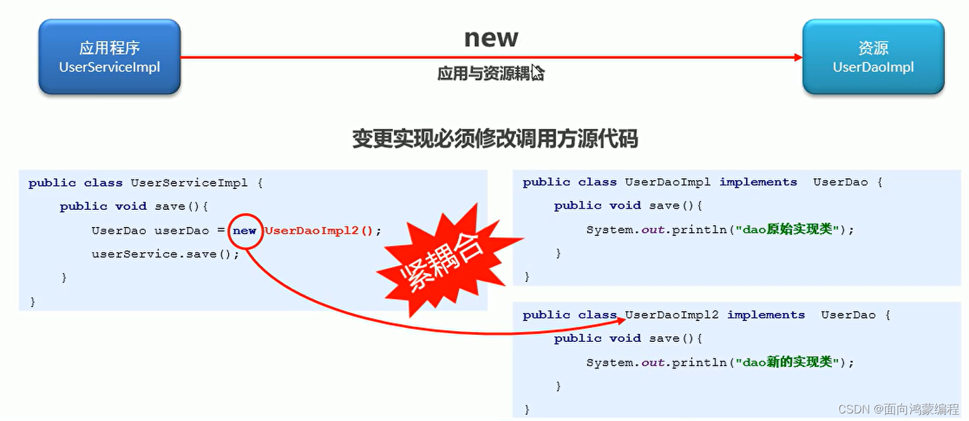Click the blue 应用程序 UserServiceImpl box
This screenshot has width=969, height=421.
click(x=109, y=57)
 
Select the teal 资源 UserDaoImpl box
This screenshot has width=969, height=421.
click(x=873, y=57)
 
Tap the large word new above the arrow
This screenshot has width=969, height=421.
click(x=491, y=38)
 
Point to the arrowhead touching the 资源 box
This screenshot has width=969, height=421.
click(x=798, y=57)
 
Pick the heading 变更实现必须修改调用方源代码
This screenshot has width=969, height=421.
click(x=495, y=138)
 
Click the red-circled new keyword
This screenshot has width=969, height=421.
click(x=244, y=231)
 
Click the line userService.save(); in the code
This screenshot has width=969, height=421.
click(x=166, y=254)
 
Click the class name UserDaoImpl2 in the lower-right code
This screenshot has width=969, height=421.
click(x=671, y=315)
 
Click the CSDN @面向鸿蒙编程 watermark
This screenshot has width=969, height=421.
click(x=898, y=409)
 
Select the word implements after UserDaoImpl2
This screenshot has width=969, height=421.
click(x=766, y=315)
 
